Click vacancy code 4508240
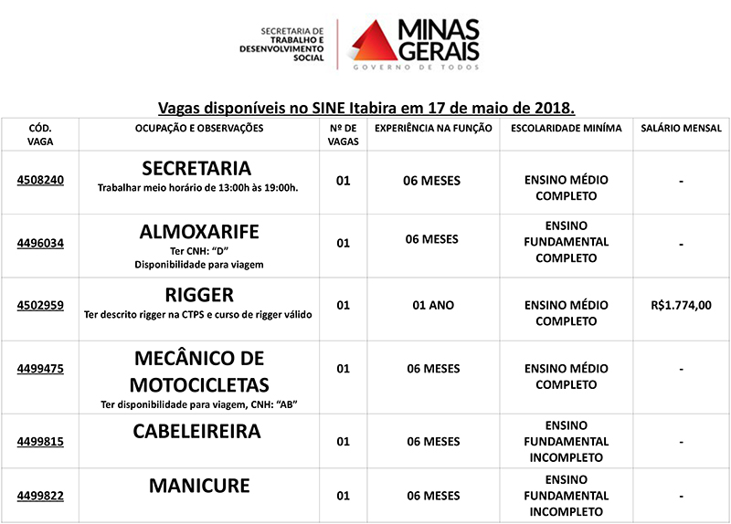[40, 180]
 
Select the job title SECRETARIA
[196, 169]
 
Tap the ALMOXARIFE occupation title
[198, 231]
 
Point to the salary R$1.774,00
[681, 306]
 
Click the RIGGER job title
[199, 295]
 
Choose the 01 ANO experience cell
[434, 305]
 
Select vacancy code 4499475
[40, 369]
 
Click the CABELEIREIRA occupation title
[197, 431]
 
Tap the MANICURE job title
[199, 486]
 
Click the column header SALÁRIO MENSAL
[682, 129]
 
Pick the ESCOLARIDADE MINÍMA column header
[566, 129]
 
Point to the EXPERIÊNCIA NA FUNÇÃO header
[434, 129]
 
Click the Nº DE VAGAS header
[344, 135]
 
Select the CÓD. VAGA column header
[40, 135]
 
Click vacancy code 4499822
[40, 496]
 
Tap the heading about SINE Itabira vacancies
[366, 107]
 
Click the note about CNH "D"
[198, 251]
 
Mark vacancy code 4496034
[40, 243]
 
